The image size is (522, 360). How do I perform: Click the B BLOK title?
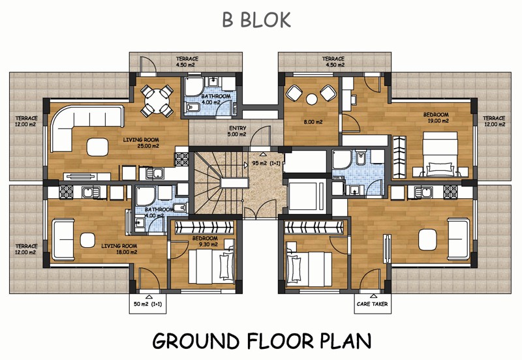(256, 20)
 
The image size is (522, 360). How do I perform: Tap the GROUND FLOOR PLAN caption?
(262, 340)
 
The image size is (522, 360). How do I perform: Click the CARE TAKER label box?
(373, 304)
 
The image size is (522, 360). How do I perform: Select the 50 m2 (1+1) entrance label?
(148, 304)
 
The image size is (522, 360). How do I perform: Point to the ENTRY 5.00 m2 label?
(238, 131)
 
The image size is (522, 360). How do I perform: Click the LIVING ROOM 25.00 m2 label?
(141, 143)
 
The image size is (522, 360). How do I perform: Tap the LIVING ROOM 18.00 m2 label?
(119, 249)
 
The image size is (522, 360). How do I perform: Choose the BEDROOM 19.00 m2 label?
(436, 117)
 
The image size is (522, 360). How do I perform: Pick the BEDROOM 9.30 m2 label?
(205, 241)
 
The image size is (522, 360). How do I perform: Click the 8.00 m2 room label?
(313, 122)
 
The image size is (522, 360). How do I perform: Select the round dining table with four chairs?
(157, 101)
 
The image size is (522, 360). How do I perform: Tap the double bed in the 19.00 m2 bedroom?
(440, 154)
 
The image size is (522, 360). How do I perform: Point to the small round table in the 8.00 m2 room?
(312, 99)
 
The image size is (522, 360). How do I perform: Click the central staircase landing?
(235, 183)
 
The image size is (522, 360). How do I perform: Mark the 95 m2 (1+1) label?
(266, 163)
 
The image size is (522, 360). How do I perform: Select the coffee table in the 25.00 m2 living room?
(97, 147)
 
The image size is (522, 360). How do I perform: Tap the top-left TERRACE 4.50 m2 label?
(187, 61)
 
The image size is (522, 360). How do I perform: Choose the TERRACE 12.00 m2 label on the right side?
(494, 121)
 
